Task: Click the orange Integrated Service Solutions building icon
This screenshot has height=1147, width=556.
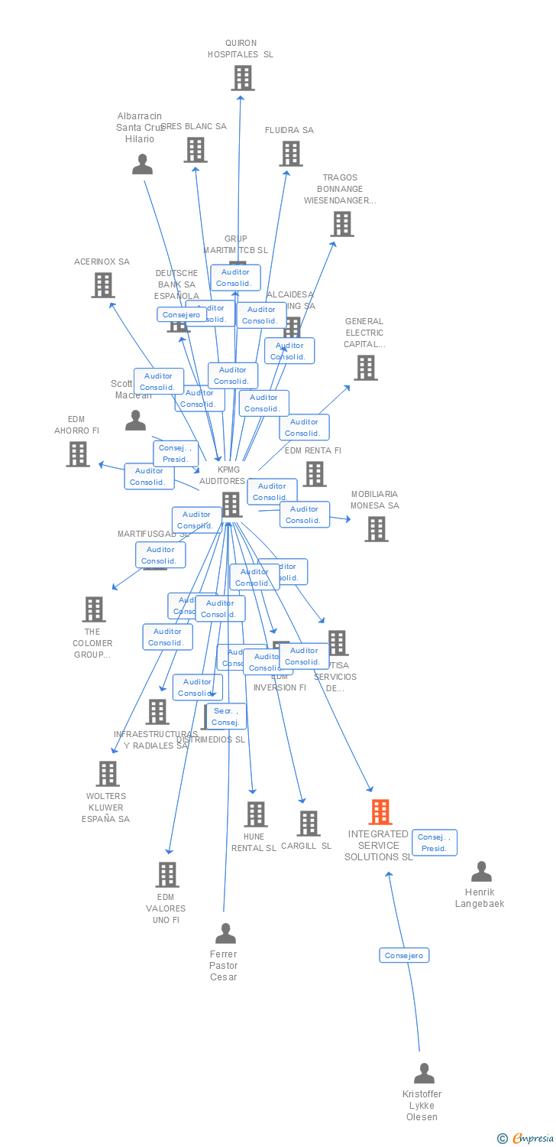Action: tap(380, 811)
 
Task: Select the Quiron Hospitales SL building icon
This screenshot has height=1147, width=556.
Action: tap(242, 78)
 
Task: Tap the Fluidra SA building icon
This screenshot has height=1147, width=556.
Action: tap(290, 154)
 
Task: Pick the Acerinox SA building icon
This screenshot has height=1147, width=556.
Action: tap(102, 285)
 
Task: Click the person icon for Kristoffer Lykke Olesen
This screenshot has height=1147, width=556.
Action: tap(424, 1074)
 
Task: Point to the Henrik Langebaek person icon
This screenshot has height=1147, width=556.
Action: tap(481, 872)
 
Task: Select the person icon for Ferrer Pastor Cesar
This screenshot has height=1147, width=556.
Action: tap(225, 934)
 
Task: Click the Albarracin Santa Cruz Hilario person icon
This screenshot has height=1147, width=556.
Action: tap(142, 164)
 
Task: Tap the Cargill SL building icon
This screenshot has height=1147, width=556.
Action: tap(309, 824)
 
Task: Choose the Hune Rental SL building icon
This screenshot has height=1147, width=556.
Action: tap(256, 814)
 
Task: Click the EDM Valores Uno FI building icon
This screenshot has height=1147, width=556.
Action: tap(166, 875)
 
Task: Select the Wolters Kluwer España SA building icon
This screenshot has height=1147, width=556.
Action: tap(108, 774)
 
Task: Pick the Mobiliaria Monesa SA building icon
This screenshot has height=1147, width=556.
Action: tap(376, 529)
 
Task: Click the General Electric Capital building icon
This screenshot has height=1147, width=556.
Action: tap(365, 368)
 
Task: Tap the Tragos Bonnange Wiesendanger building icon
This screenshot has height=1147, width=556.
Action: tap(341, 224)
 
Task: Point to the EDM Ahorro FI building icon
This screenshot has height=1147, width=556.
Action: tap(77, 454)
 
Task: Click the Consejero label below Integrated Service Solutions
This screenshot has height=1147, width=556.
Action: tap(404, 955)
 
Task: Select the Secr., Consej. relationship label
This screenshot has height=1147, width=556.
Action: tap(226, 716)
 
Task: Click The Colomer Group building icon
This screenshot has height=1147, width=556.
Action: tap(93, 609)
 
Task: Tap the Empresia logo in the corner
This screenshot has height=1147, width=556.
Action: tap(527, 1139)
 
